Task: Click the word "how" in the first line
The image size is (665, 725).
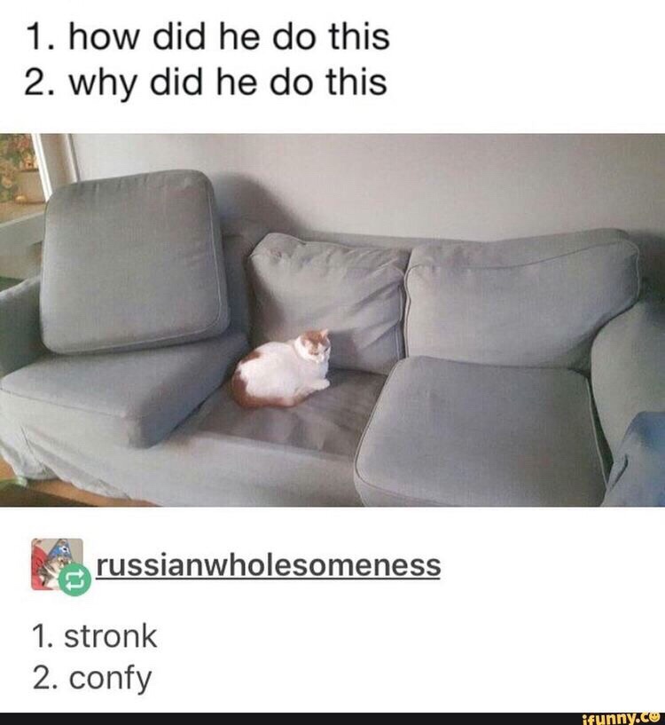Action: [x=104, y=37]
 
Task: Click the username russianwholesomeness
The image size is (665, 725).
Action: [x=269, y=565]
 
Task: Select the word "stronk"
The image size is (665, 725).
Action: [x=111, y=636]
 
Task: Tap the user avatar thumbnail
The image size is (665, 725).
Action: [x=57, y=563]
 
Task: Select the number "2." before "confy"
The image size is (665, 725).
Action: [x=47, y=677]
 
